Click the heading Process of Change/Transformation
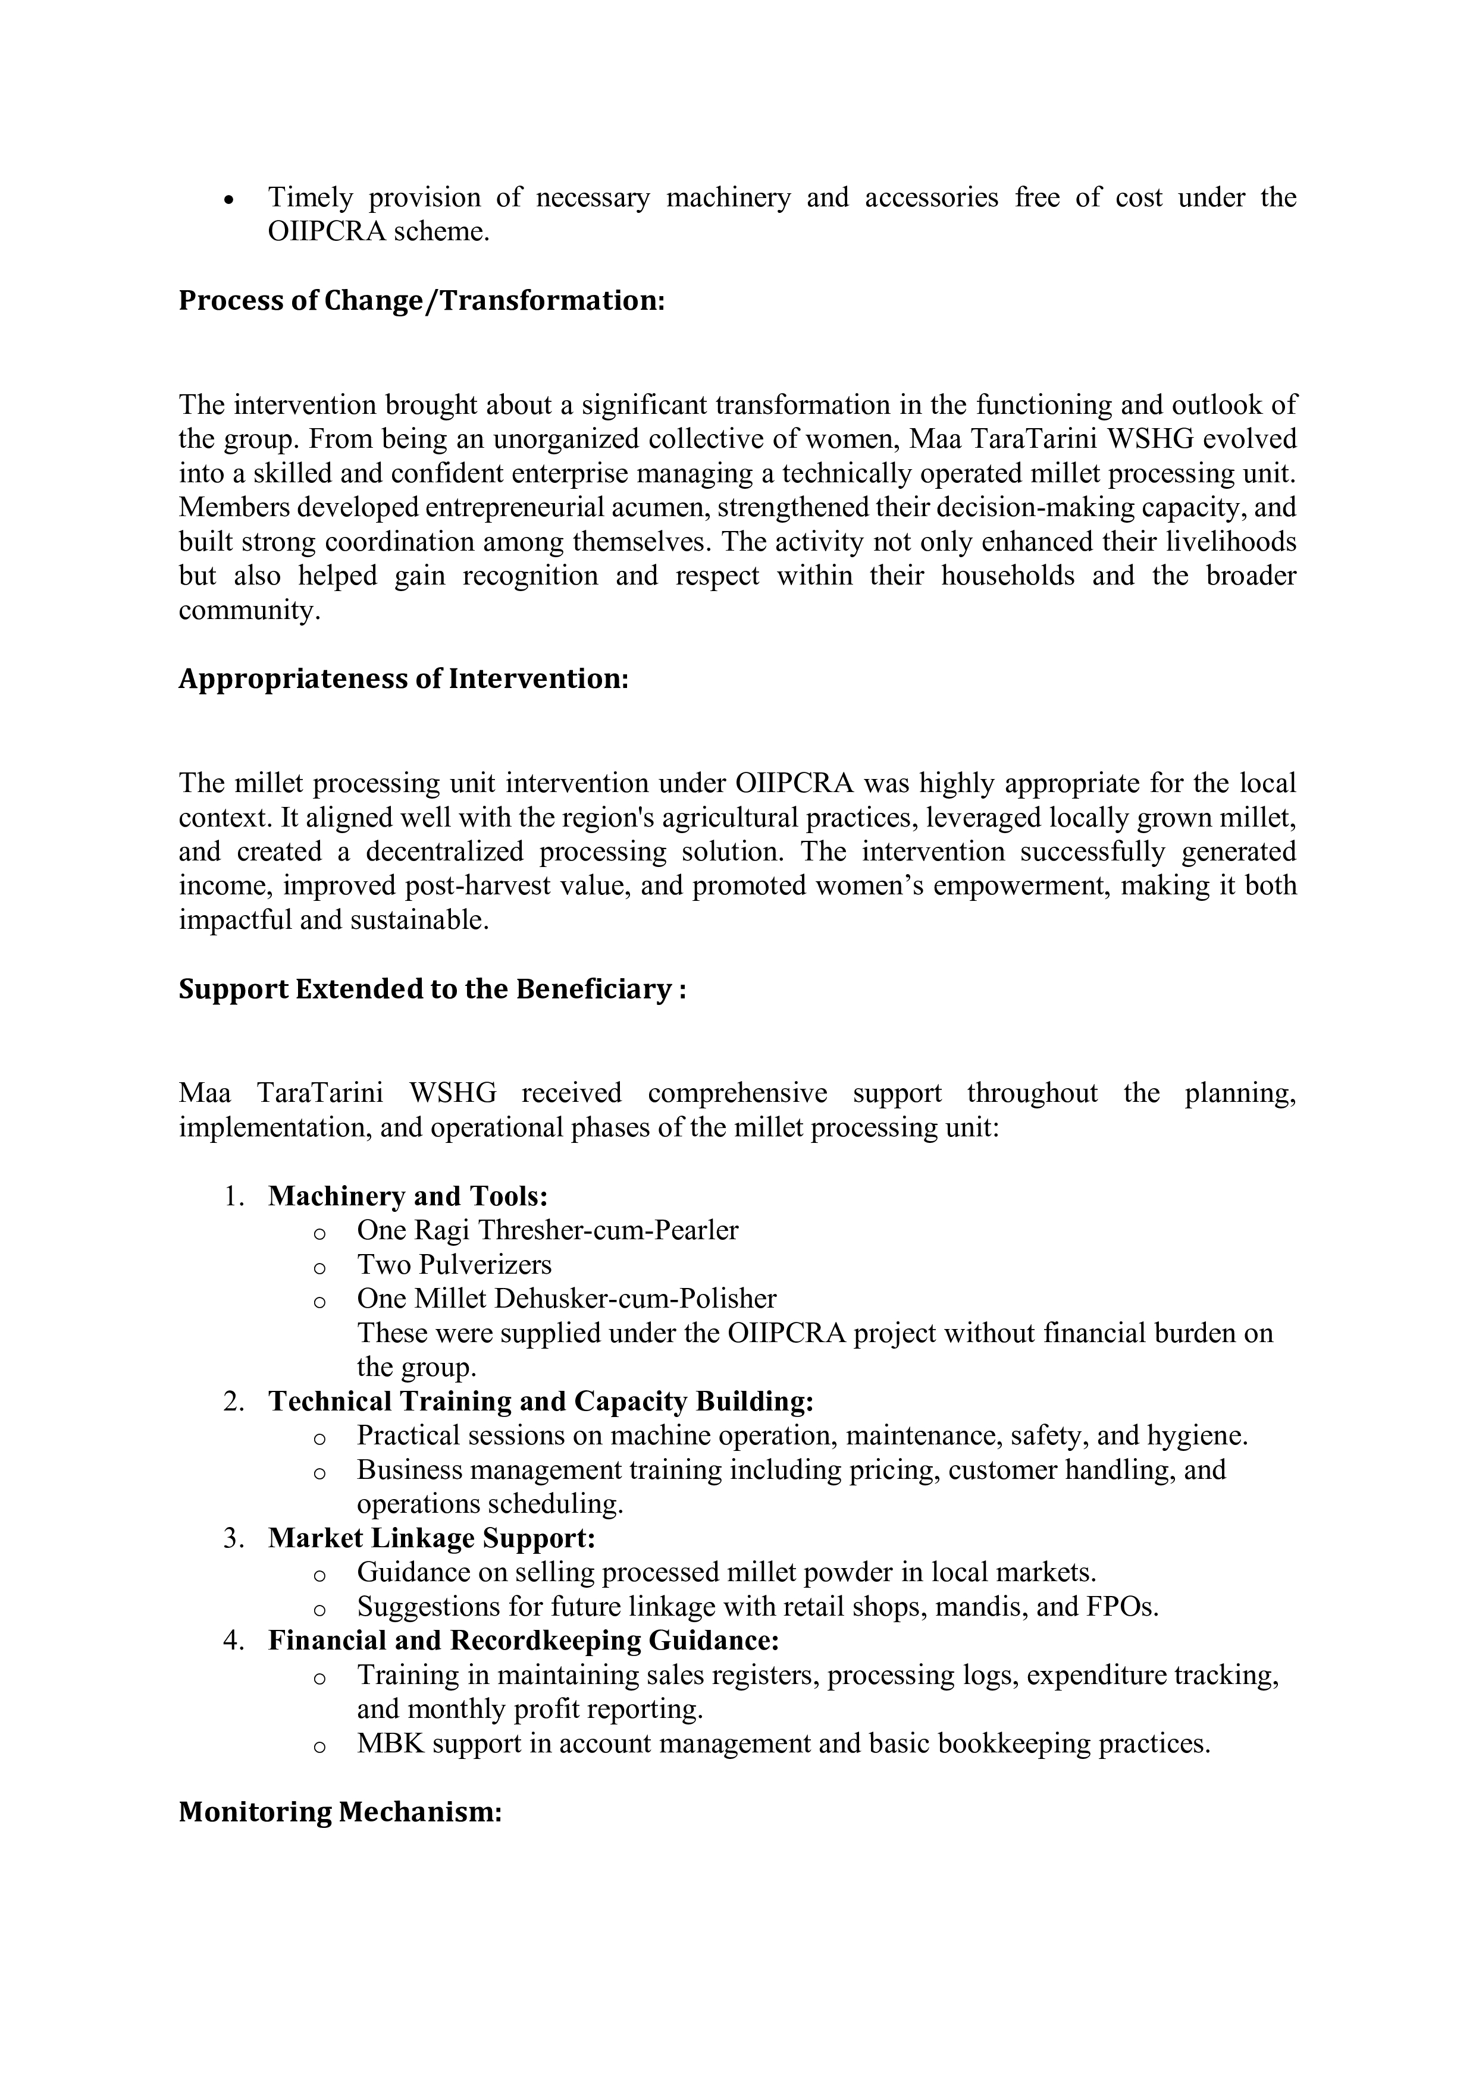point(422,301)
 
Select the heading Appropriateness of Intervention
point(403,678)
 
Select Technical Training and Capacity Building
point(541,1402)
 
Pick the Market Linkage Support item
point(432,1538)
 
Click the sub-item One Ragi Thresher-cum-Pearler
point(547,1230)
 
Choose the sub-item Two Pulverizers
point(453,1265)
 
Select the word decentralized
point(444,852)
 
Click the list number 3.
point(234,1539)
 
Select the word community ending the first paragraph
point(248,611)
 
